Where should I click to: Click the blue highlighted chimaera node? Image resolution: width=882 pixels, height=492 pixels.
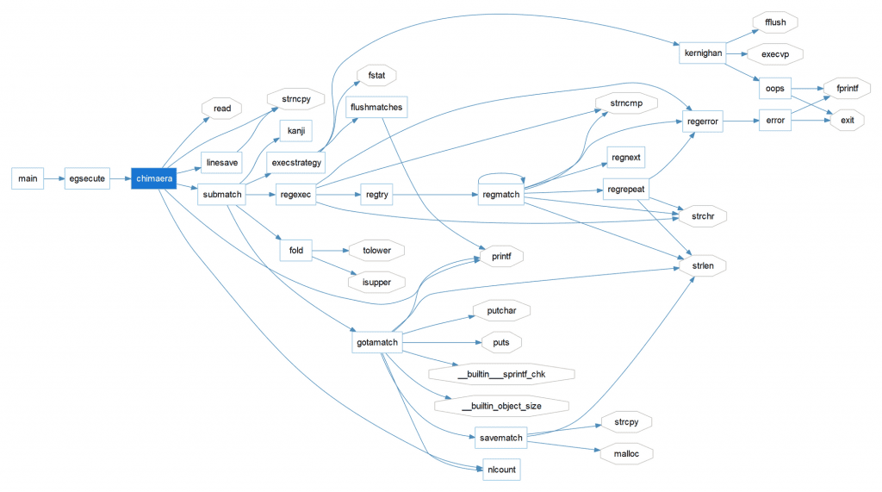tap(153, 178)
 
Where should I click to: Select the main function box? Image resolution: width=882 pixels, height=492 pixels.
tap(28, 178)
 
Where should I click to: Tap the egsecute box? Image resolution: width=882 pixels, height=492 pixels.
tap(87, 178)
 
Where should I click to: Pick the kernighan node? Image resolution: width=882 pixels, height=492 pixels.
tap(702, 53)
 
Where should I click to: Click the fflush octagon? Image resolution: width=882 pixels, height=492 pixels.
tap(775, 22)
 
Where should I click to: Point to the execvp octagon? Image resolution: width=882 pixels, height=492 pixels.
tap(775, 53)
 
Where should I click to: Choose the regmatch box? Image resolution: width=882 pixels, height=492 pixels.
tap(500, 195)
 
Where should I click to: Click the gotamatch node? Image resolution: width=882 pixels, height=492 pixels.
tap(377, 342)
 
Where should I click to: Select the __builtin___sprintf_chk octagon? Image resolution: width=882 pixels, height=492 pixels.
tap(501, 373)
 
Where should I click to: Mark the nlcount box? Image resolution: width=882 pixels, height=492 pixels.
tap(500, 470)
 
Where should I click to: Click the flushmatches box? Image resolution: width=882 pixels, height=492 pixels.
tap(375, 108)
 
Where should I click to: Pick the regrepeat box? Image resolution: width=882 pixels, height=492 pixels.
tap(626, 188)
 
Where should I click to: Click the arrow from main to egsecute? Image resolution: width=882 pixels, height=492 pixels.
tap(54, 178)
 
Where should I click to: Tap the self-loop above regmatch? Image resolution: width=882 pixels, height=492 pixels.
tap(500, 172)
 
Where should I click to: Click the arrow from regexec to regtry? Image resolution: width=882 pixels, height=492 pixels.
tap(340, 195)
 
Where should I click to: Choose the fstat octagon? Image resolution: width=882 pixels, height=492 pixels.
tap(376, 76)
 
